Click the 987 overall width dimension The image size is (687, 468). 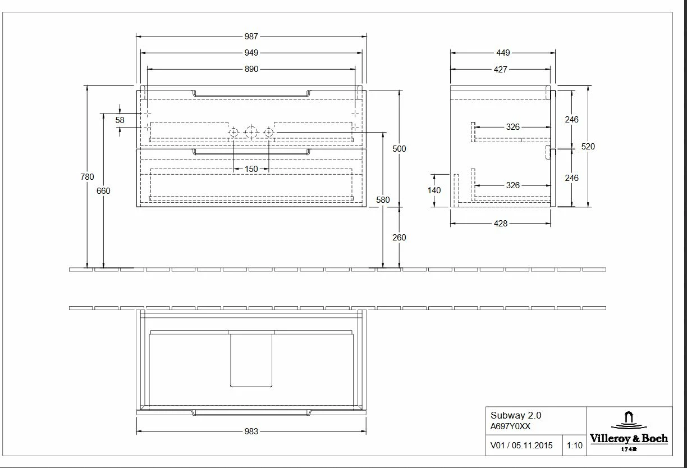pos(251,37)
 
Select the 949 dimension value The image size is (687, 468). pos(251,53)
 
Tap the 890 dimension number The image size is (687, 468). pos(251,69)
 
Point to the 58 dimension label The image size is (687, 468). pos(120,120)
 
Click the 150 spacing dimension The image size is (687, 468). pos(251,169)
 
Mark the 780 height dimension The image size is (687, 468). pos(87,177)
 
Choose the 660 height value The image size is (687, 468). pos(103,191)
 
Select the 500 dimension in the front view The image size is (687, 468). pos(399,149)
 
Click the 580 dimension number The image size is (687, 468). pos(383,200)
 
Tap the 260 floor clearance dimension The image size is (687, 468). pos(399,238)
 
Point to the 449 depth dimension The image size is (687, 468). pos(503,53)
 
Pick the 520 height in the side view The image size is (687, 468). pos(588,147)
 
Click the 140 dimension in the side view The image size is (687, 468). pos(434,190)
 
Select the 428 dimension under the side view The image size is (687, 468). pos(500,224)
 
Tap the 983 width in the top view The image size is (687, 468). pos(251,431)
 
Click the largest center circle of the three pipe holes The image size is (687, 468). pos(251,133)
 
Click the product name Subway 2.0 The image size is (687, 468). pos(516,416)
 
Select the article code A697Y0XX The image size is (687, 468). pos(510,426)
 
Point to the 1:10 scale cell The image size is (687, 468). pos(574,446)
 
